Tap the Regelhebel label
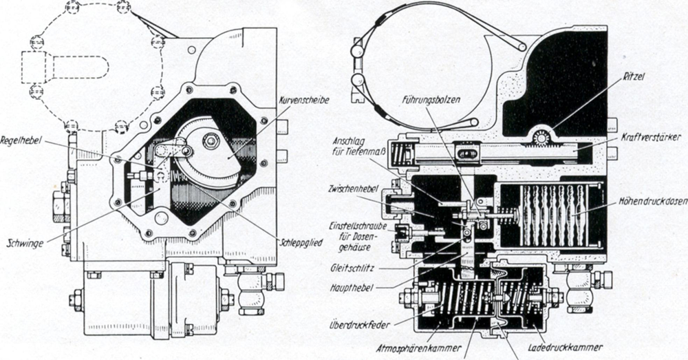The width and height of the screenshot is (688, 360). [x=21, y=141]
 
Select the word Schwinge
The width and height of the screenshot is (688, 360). [x=25, y=243]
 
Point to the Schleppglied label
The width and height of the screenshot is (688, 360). [x=301, y=242]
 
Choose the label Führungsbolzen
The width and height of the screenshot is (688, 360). [x=431, y=100]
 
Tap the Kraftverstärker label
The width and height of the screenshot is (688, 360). [x=651, y=138]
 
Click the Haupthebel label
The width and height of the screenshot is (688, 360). [x=351, y=288]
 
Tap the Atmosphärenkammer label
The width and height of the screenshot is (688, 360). [x=419, y=348]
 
